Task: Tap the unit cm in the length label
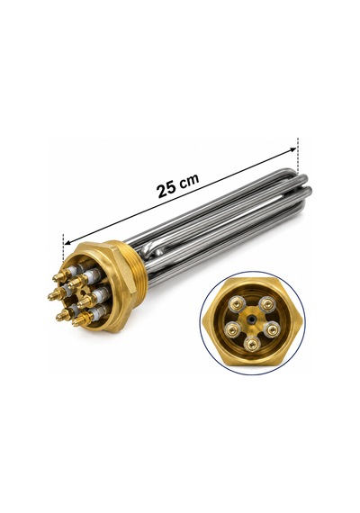click(x=190, y=180)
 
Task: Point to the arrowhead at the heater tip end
click(x=292, y=149)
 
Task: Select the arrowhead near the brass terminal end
click(x=67, y=242)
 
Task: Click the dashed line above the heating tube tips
click(x=298, y=156)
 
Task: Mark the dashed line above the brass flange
click(x=63, y=247)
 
